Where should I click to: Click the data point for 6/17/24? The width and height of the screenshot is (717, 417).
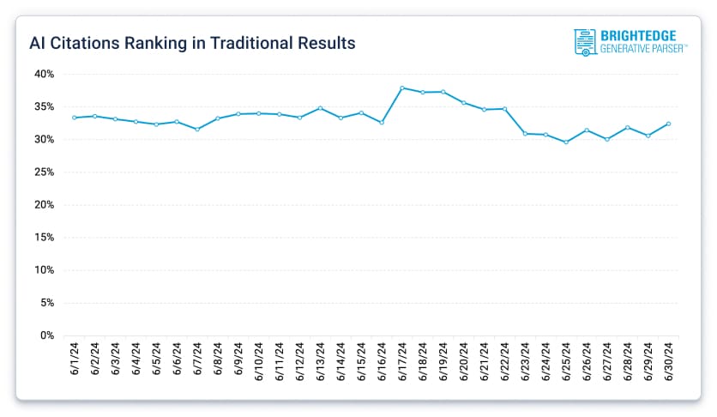(402, 88)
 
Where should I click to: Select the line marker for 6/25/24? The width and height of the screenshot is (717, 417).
(566, 142)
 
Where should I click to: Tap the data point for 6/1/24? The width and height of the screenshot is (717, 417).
(74, 118)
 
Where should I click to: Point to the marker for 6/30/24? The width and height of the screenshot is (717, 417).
(668, 124)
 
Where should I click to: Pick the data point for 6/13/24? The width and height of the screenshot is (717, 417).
(320, 108)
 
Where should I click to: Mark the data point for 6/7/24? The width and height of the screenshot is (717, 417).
(197, 130)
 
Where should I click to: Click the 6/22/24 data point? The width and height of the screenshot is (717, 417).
(504, 109)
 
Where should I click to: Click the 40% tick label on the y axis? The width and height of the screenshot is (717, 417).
(45, 74)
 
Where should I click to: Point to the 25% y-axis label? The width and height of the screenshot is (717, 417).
(45, 172)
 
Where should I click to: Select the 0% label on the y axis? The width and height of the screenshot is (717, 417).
(47, 335)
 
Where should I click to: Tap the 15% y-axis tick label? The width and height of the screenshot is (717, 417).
(45, 238)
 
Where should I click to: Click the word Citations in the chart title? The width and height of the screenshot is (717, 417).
(87, 42)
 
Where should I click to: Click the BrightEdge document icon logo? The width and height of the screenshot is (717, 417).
(584, 42)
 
